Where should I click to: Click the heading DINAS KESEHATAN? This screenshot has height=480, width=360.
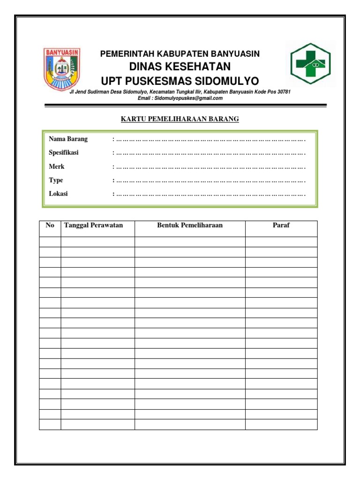point(180,67)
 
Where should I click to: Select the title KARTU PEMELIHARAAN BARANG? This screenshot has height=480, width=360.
point(180,119)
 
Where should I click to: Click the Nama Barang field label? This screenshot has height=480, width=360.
point(68,139)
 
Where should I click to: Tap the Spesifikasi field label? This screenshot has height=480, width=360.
point(64,153)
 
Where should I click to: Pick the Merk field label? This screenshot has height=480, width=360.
point(57,166)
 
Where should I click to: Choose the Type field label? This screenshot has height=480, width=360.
point(56,180)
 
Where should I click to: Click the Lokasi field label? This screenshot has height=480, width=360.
point(58,194)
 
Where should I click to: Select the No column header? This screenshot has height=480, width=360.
point(50,225)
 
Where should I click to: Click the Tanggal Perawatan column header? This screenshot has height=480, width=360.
point(93,225)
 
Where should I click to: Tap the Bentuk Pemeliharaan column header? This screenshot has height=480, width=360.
point(190,225)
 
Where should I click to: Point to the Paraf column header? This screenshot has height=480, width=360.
point(281,225)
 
